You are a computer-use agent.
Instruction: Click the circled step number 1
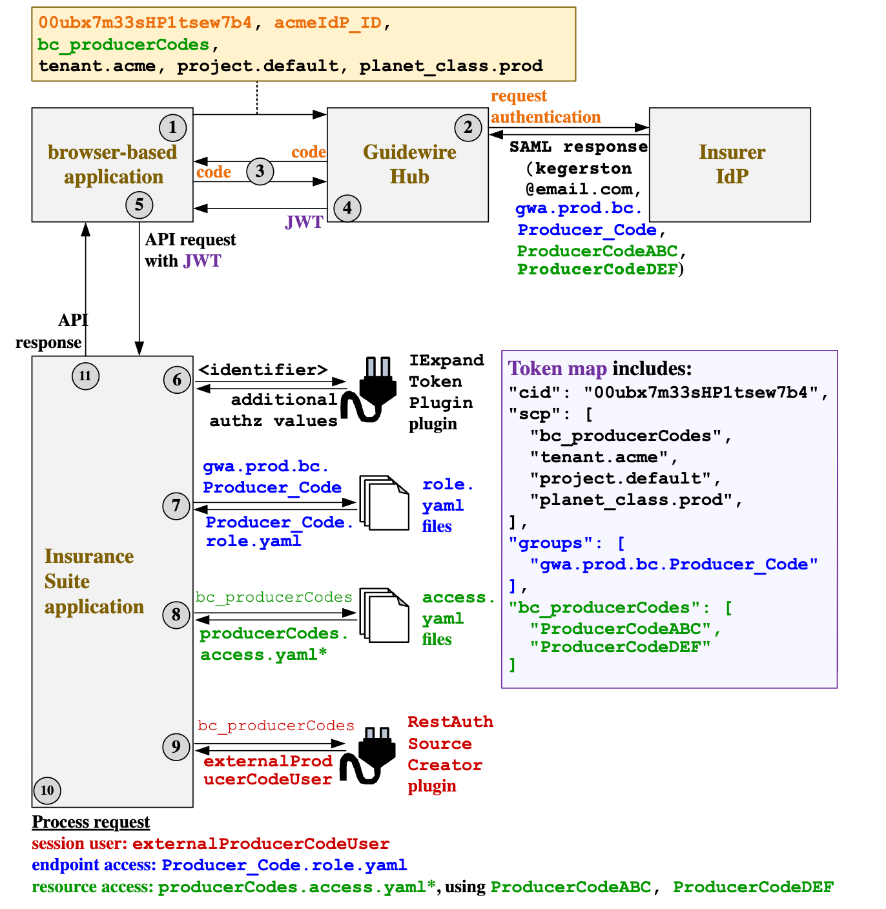[172, 127]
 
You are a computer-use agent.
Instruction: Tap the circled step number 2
[468, 127]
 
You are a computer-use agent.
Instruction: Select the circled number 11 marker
[85, 376]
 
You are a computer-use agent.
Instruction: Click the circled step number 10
[47, 790]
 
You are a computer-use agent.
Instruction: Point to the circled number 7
[176, 506]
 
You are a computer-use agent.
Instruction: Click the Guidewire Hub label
[409, 164]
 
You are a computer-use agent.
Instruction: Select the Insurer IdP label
[732, 164]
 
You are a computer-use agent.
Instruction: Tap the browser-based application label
[113, 164]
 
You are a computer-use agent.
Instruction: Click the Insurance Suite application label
[93, 581]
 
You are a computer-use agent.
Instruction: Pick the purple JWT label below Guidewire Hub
[304, 222]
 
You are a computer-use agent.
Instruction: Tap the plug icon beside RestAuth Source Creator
[369, 755]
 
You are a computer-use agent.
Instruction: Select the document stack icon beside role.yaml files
[385, 504]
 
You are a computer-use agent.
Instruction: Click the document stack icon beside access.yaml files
[385, 615]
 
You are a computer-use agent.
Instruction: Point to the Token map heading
[557, 369]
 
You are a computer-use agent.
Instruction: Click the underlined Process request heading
[91, 822]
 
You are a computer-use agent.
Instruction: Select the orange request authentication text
[545, 107]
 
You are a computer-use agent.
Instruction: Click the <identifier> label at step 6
[263, 370]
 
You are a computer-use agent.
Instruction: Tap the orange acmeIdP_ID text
[328, 23]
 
